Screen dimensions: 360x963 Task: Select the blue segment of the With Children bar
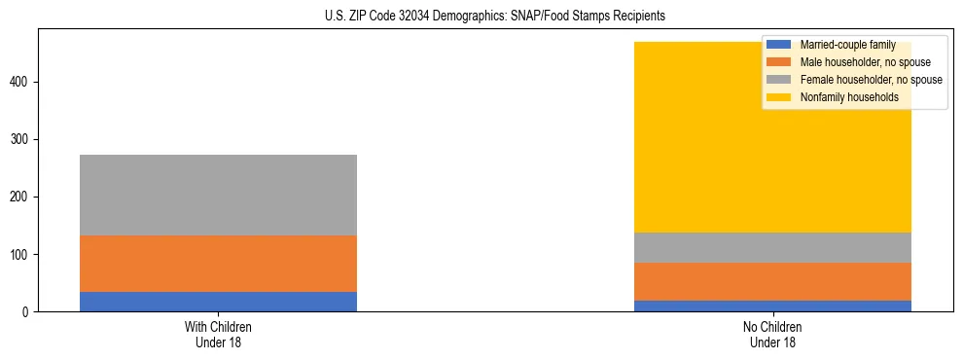tap(218, 302)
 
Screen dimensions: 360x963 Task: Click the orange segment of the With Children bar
tap(218, 264)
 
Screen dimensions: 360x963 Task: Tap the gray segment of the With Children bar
tap(218, 195)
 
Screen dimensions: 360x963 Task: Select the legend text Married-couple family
tap(847, 45)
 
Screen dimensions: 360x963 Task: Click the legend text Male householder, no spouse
tap(865, 62)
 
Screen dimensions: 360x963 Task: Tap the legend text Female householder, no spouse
tap(871, 80)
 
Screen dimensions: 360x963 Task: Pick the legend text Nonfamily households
tap(849, 97)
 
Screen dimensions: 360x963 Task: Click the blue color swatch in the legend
tap(779, 45)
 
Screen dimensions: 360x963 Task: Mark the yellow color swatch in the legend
tap(779, 97)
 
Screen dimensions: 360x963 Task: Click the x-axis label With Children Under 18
tap(218, 335)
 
